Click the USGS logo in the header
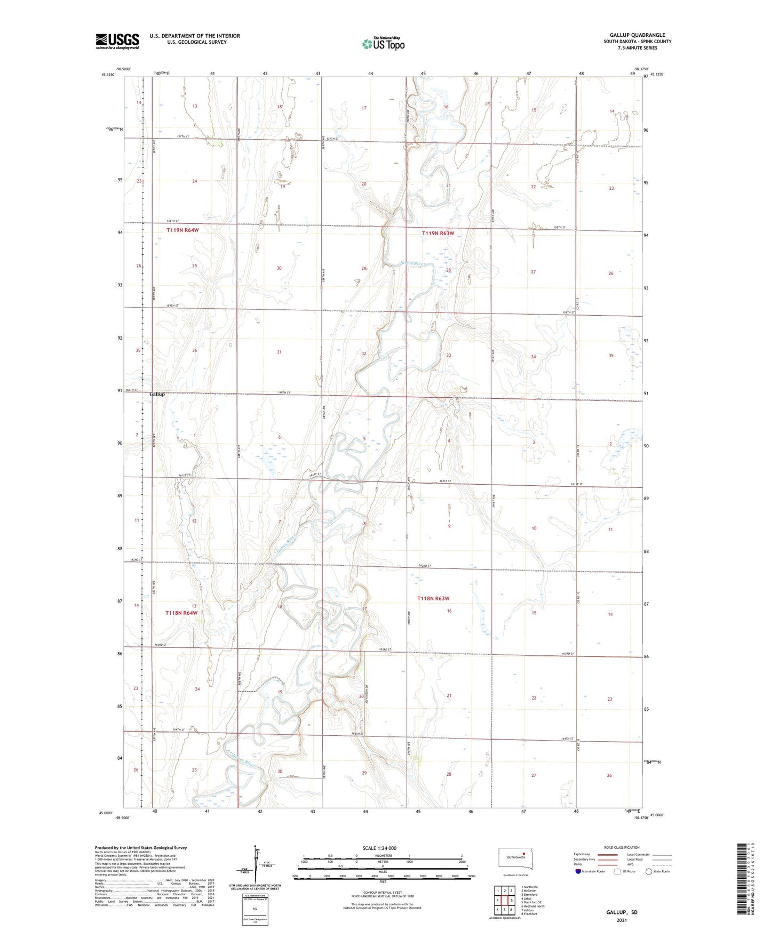coord(117,41)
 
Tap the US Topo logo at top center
coord(383,43)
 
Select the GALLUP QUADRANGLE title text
coord(637,35)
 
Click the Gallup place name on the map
coord(157,394)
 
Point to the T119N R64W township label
coord(182,230)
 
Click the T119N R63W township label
coord(438,234)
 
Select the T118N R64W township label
coord(181,613)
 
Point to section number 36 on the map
coord(195,350)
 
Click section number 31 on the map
coord(279,352)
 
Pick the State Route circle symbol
coord(649,871)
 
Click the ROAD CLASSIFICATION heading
coord(622,847)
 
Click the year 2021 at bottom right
coord(622,920)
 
